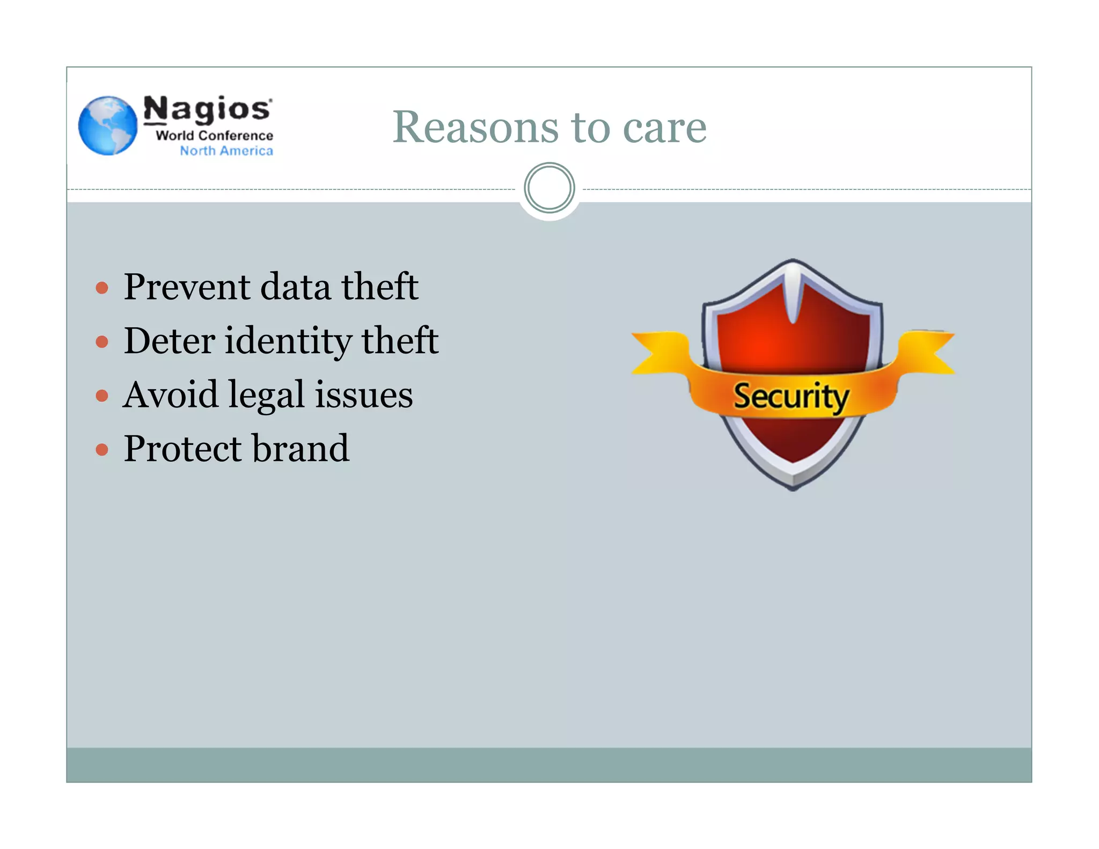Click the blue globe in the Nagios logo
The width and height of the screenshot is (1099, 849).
tap(108, 126)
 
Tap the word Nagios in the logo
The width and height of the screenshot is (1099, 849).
tap(207, 109)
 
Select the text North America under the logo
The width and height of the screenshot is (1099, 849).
tap(226, 151)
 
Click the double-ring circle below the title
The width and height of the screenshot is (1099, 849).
tap(549, 188)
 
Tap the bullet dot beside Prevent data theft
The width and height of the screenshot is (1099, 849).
tap(102, 288)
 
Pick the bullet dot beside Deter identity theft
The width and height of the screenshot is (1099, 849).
tap(102, 342)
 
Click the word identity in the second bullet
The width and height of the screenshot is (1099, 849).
tap(288, 341)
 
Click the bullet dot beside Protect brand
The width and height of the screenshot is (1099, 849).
tap(102, 449)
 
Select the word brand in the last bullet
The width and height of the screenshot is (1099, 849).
tap(301, 448)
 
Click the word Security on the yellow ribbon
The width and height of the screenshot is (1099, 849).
tap(791, 397)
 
